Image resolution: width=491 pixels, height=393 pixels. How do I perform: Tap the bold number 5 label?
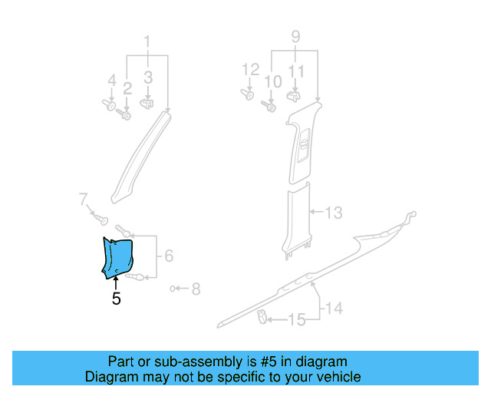click(116, 299)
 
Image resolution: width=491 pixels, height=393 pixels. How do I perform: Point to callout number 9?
click(295, 36)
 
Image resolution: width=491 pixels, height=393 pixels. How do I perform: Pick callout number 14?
click(332, 309)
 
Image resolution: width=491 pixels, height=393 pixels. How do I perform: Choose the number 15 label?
click(296, 319)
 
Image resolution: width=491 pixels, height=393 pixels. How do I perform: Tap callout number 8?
click(196, 289)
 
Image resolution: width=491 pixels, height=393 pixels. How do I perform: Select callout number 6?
click(169, 256)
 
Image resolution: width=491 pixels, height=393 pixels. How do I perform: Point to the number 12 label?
click(250, 70)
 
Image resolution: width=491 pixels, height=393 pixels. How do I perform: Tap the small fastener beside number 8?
click(174, 289)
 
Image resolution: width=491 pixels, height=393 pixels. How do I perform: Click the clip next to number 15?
click(262, 315)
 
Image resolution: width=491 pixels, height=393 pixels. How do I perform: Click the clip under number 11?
click(293, 97)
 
